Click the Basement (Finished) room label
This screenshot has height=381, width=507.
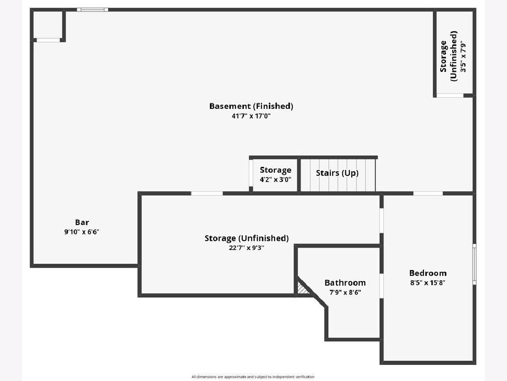pos(251,106)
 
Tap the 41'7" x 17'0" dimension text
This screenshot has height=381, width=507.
pos(251,116)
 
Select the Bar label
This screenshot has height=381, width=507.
pos(82,222)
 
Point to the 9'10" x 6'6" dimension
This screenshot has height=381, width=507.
pos(82,232)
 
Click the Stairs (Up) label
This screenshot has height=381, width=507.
pos(337,173)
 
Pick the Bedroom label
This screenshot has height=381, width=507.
pos(428,273)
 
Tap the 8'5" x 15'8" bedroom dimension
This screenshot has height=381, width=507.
pos(428,283)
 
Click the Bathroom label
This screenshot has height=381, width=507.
pos(345,282)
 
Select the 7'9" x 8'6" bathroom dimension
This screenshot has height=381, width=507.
pos(345,292)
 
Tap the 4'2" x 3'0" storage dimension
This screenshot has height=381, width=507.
pos(275,179)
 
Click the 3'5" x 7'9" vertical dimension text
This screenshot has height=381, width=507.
pos(463,57)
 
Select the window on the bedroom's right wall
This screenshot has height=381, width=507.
pos(474,264)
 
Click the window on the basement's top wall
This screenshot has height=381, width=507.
pos(92,9)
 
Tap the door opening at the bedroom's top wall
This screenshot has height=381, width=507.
pos(428,193)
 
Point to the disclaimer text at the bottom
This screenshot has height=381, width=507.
pos(253,376)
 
